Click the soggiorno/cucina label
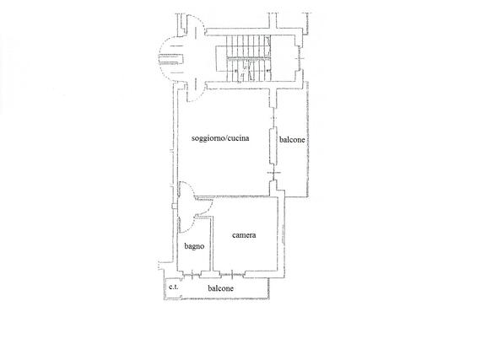[x=220, y=138]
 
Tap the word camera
[x=244, y=235]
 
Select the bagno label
[x=194, y=246]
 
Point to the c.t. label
[x=173, y=287]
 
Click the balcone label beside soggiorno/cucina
[x=292, y=140]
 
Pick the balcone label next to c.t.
[x=220, y=288]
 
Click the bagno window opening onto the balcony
[x=192, y=275]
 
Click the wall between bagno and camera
[x=211, y=244]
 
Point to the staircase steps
[x=248, y=58]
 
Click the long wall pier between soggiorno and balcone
[x=273, y=147]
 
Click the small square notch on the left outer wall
[x=174, y=207]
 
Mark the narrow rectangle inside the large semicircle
[x=170, y=59]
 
